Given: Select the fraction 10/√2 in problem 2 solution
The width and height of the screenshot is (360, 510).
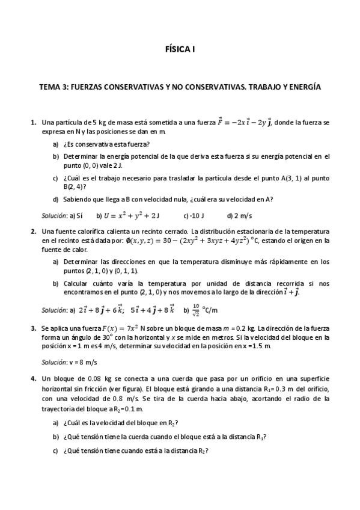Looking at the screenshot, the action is coord(196,310).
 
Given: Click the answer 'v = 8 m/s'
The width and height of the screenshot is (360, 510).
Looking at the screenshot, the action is coord(82,363).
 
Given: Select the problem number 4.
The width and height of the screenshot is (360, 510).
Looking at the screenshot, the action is coord(33,379).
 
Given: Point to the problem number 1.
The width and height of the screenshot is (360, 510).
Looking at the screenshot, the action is coord(33,122).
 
